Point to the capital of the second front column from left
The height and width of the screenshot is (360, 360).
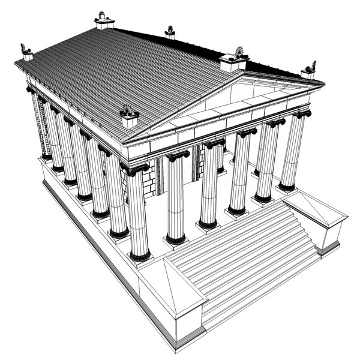point(178,157)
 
